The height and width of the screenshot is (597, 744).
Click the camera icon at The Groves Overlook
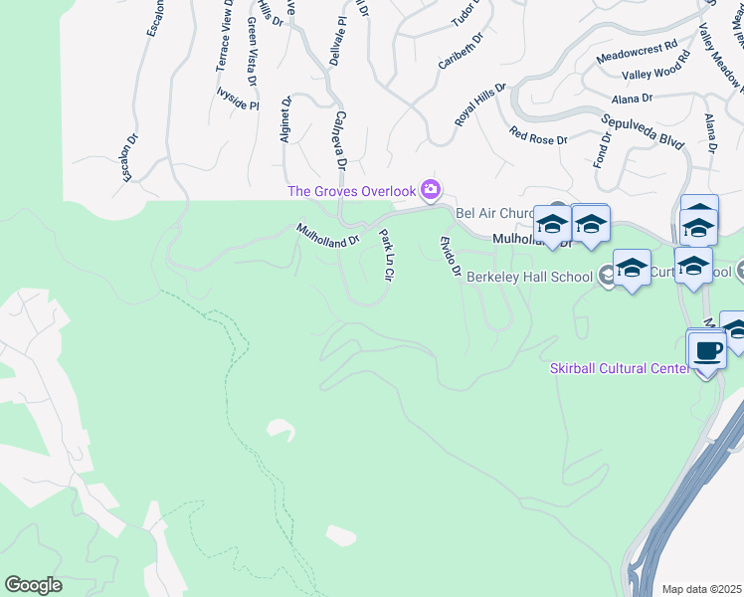click(x=431, y=189)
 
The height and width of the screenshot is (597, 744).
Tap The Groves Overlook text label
click(x=351, y=191)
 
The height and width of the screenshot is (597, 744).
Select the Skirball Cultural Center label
click(x=620, y=368)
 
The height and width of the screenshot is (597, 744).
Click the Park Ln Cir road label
click(x=387, y=254)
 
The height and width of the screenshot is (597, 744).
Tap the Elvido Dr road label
click(x=450, y=256)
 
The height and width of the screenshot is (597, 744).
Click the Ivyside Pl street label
click(x=237, y=97)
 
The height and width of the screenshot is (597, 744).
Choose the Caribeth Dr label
click(x=460, y=53)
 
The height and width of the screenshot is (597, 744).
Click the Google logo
click(x=33, y=585)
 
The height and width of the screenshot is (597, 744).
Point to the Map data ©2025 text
click(x=702, y=589)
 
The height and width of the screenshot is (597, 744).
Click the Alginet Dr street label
click(x=285, y=120)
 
